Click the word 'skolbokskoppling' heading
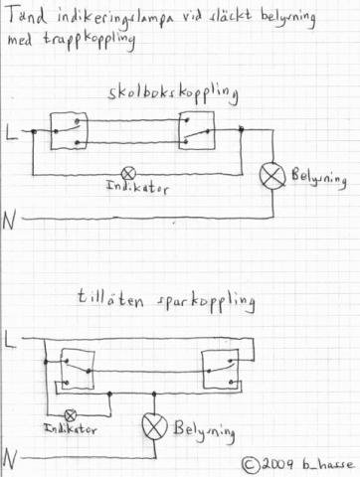173,93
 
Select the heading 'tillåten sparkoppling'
166,300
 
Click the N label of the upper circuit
9,221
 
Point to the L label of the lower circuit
11,340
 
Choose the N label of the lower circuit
10,460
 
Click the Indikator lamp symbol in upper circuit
128,174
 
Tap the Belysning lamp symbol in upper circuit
272,176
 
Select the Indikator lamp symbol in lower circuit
71,415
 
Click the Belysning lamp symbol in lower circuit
155,426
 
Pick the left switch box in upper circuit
69,131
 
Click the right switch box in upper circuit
197,130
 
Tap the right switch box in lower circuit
220,369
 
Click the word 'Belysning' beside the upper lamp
319,178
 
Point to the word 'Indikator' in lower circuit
71,429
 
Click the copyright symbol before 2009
251,465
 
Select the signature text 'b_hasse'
328,464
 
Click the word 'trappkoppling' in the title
90,40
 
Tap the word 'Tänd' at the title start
27,16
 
